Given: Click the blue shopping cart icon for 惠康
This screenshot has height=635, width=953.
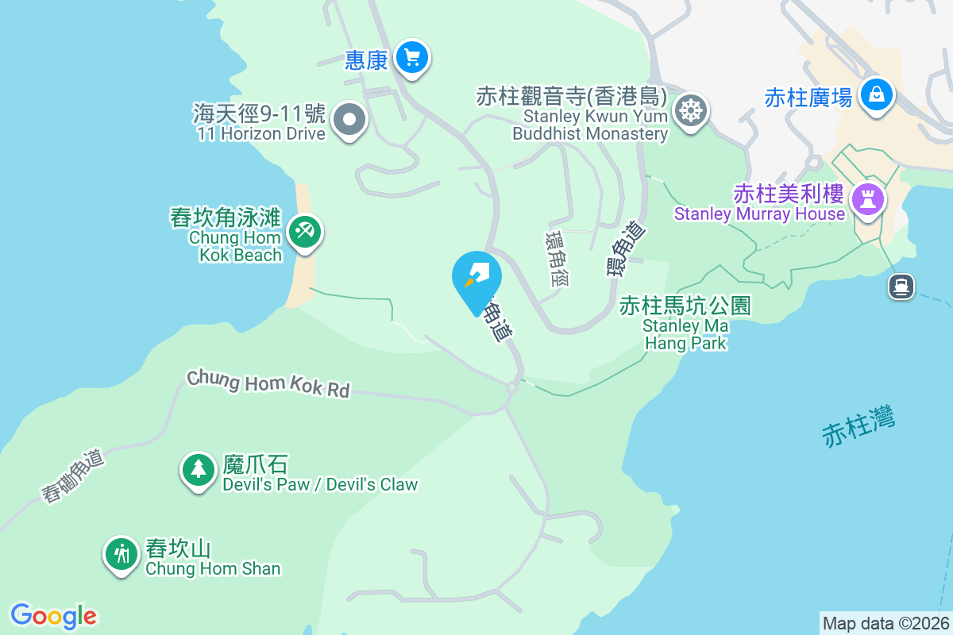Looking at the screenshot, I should [x=411, y=57].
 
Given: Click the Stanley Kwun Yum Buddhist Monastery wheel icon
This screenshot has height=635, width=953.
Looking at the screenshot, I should [x=690, y=110].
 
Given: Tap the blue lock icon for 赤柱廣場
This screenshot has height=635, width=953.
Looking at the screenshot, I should [x=876, y=94].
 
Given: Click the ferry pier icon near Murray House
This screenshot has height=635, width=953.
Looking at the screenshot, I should [x=901, y=285].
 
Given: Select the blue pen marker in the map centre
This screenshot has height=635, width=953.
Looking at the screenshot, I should [x=476, y=278].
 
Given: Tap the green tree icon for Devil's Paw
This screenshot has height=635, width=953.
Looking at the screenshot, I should [x=198, y=469].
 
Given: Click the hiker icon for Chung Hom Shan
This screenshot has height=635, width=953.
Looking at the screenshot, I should [x=122, y=553].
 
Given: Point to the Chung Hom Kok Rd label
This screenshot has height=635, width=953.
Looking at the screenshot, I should [x=268, y=383].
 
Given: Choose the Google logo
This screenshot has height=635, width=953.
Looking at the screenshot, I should [x=53, y=616].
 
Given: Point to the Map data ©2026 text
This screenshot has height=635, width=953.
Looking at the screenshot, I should [x=885, y=623].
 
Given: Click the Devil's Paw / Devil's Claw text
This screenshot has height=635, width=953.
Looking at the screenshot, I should [x=320, y=484].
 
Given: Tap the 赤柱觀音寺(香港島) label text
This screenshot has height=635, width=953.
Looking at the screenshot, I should [x=570, y=97].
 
